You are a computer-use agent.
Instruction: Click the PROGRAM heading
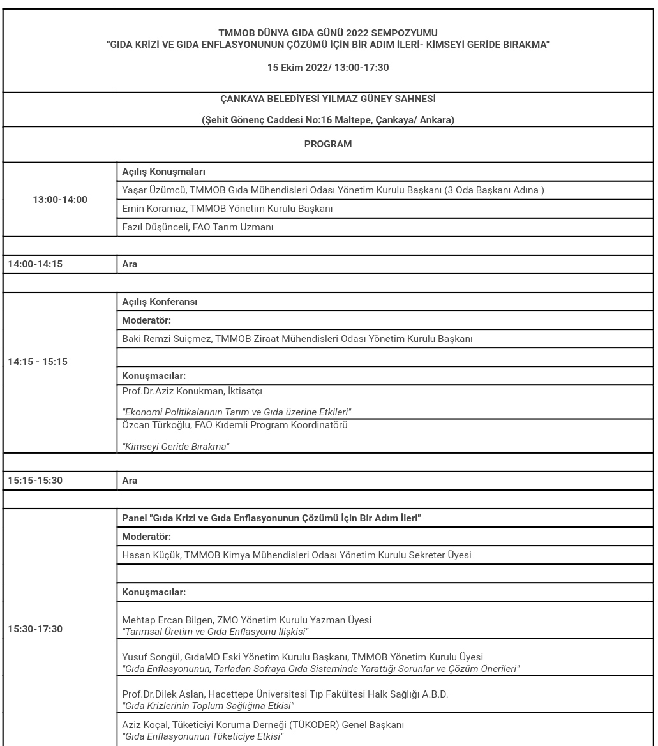(327, 144)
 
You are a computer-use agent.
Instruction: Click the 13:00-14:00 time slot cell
(60, 200)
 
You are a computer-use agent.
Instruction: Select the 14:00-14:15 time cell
(35, 264)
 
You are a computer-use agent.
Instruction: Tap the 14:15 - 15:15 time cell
(38, 362)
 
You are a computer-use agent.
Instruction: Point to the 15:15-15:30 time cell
(35, 481)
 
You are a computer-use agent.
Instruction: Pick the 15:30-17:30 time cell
(35, 629)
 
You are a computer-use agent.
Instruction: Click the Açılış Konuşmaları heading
(163, 172)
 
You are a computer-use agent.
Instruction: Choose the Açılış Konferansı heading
(160, 302)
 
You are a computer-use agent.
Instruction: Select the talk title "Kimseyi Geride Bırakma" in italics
(176, 447)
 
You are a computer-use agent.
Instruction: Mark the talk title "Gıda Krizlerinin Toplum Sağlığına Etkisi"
(208, 705)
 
